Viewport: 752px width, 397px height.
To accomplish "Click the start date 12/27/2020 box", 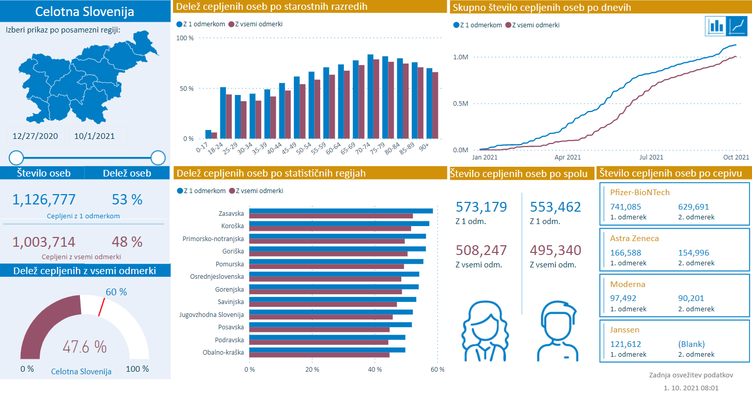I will click(36, 136).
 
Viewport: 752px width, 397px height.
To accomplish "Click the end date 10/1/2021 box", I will click(95, 136).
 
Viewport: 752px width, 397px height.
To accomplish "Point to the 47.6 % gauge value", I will click(85, 347).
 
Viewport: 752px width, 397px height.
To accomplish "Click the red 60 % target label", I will click(116, 292).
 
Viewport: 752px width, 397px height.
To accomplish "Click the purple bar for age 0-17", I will click(214, 136).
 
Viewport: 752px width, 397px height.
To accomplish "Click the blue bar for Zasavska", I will click(341, 211).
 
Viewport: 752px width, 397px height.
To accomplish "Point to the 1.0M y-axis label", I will click(460, 57).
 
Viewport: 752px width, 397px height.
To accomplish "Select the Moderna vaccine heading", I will click(628, 284).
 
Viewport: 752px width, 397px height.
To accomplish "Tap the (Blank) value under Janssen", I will click(691, 344).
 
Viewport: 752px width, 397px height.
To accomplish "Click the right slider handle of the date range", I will click(158, 157).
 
